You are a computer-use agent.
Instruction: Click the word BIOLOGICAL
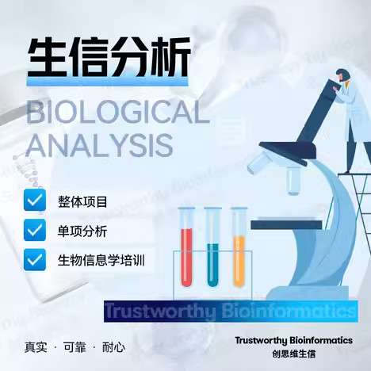coord(118,113)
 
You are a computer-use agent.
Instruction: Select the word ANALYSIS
coord(100,145)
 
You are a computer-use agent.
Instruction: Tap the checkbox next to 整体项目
coord(35,200)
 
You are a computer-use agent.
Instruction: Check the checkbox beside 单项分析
coord(35,230)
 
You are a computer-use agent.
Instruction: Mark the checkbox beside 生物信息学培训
coord(35,259)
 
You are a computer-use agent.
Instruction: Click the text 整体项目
coord(82,202)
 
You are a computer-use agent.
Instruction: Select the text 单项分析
coord(82,231)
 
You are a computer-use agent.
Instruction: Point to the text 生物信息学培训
coord(101,260)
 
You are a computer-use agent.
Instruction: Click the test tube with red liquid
coord(186,247)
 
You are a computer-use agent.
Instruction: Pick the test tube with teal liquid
coord(212,247)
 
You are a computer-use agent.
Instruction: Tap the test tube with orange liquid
coord(239,247)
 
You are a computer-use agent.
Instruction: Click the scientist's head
coord(343,75)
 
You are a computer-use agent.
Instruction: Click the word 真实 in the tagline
coord(36,347)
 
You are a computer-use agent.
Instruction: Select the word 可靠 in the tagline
coord(75,347)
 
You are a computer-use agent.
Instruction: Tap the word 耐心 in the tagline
coord(113,347)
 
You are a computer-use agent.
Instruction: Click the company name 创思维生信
coord(294,354)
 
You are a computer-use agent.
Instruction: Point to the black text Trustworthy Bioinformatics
coord(294,340)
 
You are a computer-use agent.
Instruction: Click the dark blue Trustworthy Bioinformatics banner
coord(231,311)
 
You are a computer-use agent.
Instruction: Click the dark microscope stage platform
coord(286,225)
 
